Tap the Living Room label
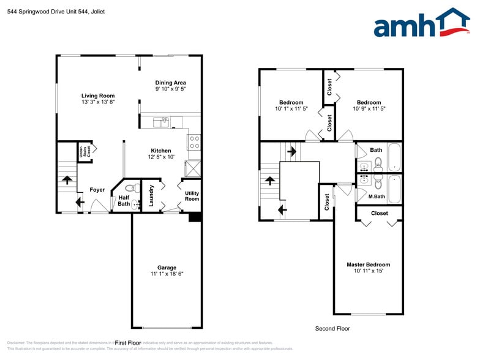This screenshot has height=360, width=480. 98,96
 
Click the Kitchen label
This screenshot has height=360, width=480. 161,151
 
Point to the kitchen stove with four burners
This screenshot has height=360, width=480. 194,143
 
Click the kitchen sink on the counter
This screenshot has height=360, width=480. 161,122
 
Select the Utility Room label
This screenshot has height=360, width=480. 192,196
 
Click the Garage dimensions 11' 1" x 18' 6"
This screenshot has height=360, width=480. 167,274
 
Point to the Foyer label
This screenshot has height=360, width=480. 97,190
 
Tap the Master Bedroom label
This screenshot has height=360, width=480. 368,264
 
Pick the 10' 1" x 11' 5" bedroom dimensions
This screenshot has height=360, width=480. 291,109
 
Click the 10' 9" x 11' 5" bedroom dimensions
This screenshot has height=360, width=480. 369,109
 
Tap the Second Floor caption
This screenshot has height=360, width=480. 332,329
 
